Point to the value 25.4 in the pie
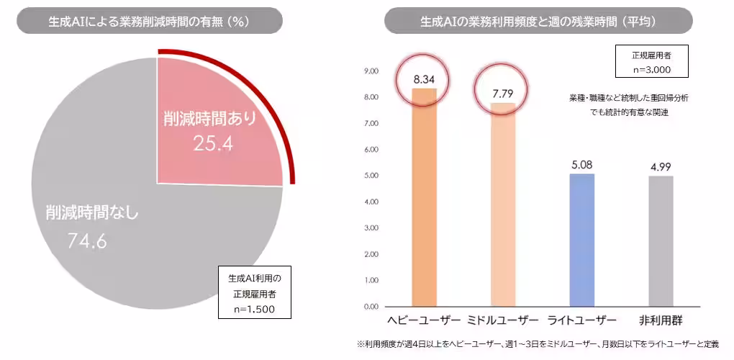(213, 144)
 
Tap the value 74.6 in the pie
(87, 241)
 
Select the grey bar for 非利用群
(661, 241)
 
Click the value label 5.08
(582, 165)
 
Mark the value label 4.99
(661, 167)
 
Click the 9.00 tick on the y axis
(371, 71)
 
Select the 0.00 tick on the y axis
(371, 307)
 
